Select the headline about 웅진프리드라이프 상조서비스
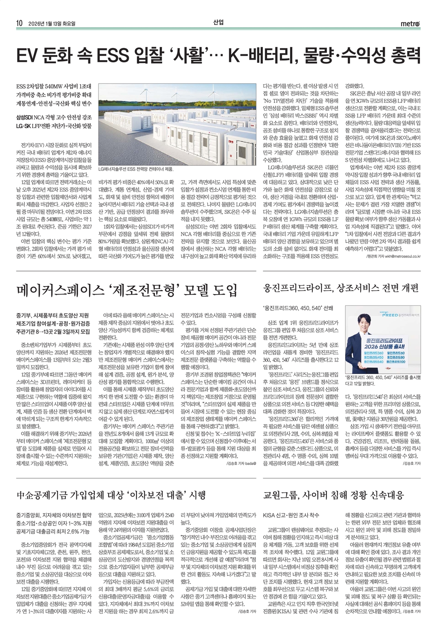click(341, 288)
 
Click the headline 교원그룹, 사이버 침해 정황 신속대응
click(334, 495)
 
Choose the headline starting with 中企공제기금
click(111, 495)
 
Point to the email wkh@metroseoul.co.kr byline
click(393, 257)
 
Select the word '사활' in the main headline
click(194, 55)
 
